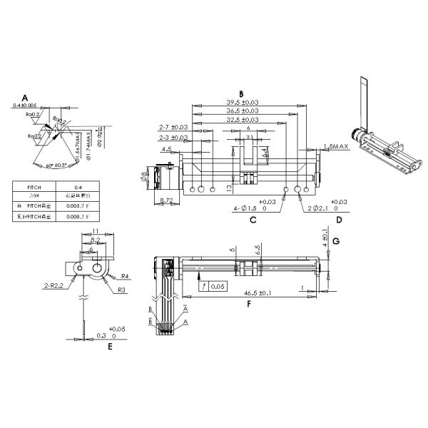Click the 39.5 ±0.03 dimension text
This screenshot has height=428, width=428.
[243, 103]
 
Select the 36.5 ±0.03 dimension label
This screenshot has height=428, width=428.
[243, 111]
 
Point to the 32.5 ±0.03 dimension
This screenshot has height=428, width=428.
[243, 120]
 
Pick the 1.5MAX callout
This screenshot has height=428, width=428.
[335, 146]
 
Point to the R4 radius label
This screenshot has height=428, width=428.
[124, 275]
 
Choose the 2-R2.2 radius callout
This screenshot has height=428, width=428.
[54, 285]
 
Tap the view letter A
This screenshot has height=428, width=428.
[24, 97]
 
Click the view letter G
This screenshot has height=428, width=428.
[336, 241]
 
